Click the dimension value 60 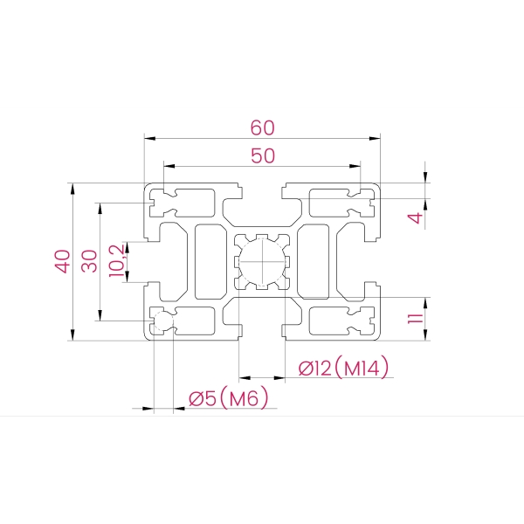coord(263,128)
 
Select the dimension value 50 coord(263,155)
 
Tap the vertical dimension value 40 coord(63,261)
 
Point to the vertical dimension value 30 coord(89,261)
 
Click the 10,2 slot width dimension coord(117,260)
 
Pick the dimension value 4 coord(415,217)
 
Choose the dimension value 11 coord(416,319)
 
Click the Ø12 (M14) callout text coord(343,368)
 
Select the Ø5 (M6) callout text coord(229,397)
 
